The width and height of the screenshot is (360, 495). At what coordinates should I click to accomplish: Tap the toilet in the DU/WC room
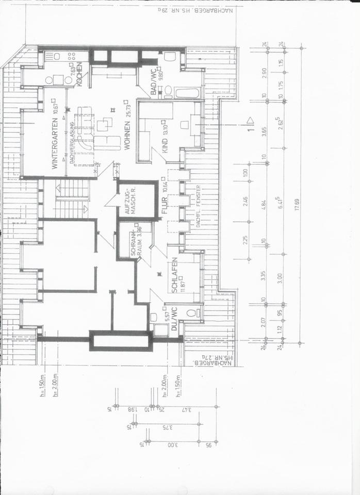[x=191, y=312]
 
